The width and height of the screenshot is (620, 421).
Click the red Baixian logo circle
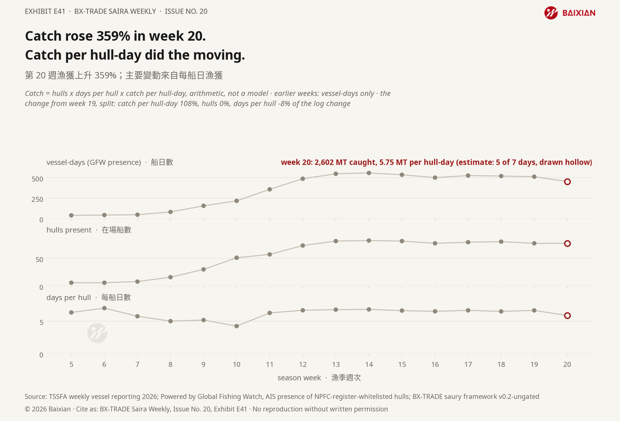pos(551,13)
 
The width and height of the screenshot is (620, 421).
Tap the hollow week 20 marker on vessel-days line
pos(567,182)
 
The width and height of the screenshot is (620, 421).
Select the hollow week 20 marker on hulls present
pos(567,243)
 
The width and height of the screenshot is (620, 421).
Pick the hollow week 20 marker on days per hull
pos(567,315)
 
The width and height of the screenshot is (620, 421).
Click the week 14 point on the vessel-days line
pos(369,173)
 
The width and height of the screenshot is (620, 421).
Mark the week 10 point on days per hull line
pos(237,326)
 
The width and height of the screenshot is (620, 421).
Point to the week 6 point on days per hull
pos(105,308)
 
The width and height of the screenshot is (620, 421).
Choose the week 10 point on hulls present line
pos(237,258)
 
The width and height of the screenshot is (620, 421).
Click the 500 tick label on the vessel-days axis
pos(37,179)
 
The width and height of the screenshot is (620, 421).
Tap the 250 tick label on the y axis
pos(37,199)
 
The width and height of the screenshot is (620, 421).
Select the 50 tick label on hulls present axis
pos(39,259)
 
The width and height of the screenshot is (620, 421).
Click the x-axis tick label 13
pos(336,364)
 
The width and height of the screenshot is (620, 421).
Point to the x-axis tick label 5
pos(71,364)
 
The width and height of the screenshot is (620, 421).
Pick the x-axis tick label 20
pos(567,364)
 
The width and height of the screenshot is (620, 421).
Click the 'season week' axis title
pos(299,378)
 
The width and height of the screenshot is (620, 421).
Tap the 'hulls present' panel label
pos(69,230)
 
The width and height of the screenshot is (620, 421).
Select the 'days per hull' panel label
pos(69,297)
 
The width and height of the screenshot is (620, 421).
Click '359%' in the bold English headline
pos(113,36)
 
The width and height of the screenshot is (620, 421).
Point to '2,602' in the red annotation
pos(324,162)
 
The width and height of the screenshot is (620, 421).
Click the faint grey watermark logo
pos(97,333)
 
